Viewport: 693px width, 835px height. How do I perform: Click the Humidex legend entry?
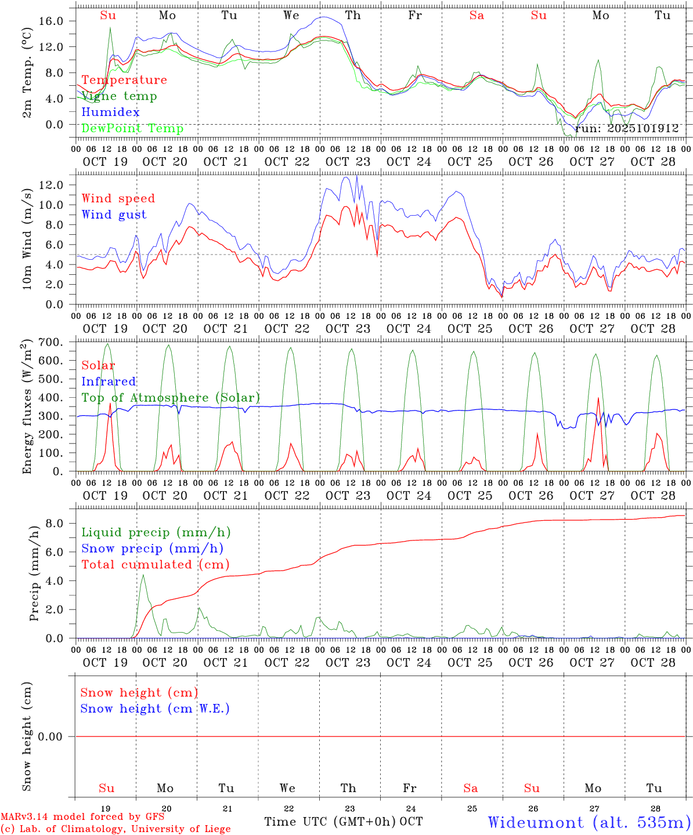tap(110, 112)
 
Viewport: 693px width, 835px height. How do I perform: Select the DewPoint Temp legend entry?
tap(132, 128)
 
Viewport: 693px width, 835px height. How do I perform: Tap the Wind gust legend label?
tap(114, 215)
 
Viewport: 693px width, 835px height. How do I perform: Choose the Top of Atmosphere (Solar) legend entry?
tap(171, 398)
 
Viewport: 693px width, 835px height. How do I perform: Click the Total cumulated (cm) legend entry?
tap(156, 564)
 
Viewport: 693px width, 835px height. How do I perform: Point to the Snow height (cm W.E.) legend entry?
tap(155, 709)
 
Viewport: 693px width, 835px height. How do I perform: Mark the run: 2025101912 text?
tap(626, 129)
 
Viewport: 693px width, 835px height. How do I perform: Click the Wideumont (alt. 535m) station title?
tap(589, 822)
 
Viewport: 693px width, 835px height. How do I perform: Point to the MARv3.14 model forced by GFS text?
tap(82, 817)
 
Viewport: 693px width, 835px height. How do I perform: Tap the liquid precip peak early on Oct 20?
tap(143, 575)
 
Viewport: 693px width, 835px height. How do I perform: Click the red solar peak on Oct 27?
tap(598, 398)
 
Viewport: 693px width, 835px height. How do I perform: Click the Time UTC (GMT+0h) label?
tap(330, 822)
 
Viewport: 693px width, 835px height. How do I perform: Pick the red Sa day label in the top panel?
tap(477, 16)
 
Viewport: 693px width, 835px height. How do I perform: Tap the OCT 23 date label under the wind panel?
tap(348, 329)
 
